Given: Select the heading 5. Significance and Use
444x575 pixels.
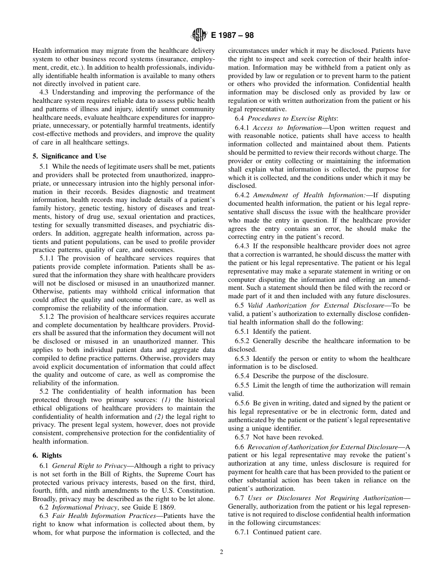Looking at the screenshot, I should click(69, 156).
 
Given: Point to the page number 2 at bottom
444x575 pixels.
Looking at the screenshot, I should click(222, 552).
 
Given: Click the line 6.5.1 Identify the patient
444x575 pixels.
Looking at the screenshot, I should click(272, 331).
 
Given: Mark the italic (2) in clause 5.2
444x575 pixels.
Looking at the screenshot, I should click(159, 417).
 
